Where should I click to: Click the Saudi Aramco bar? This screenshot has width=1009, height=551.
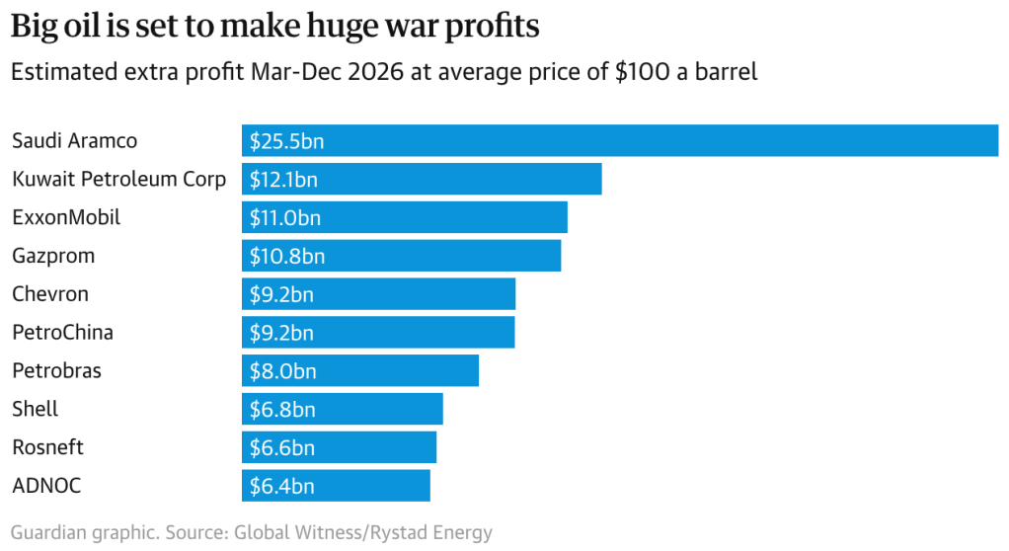coord(619,141)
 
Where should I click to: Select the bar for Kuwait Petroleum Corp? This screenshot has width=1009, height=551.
coord(422,179)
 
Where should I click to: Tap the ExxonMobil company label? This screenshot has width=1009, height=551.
coord(66,217)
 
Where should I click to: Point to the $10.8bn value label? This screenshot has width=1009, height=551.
coord(286,256)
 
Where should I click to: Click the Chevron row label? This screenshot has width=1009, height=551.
coord(50,294)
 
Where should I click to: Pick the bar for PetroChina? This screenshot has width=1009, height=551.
coord(378,333)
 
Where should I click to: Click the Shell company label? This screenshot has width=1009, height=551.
coord(36,409)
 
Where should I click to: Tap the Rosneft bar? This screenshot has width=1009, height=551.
coord(339,447)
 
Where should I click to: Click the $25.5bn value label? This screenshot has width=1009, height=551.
coord(286,141)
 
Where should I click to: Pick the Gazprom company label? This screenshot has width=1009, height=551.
coord(53,256)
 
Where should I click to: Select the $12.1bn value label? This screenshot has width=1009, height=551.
coord(283,179)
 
